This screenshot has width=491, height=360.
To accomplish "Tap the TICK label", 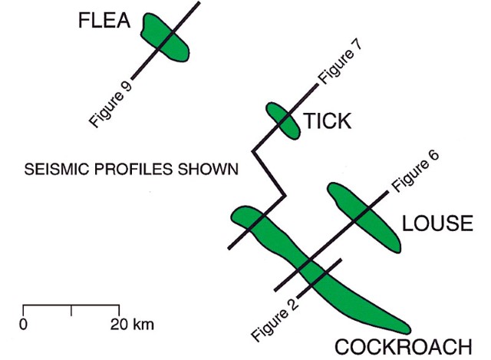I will click(327, 121).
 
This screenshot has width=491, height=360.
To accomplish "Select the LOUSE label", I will click(436, 224).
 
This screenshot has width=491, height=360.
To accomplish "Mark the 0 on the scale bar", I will click(24, 323).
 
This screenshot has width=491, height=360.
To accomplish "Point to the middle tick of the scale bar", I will click(71, 310).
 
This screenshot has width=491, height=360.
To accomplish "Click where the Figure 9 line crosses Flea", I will click(165, 41).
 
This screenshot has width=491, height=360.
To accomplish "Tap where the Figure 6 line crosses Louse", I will click(358, 215).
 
